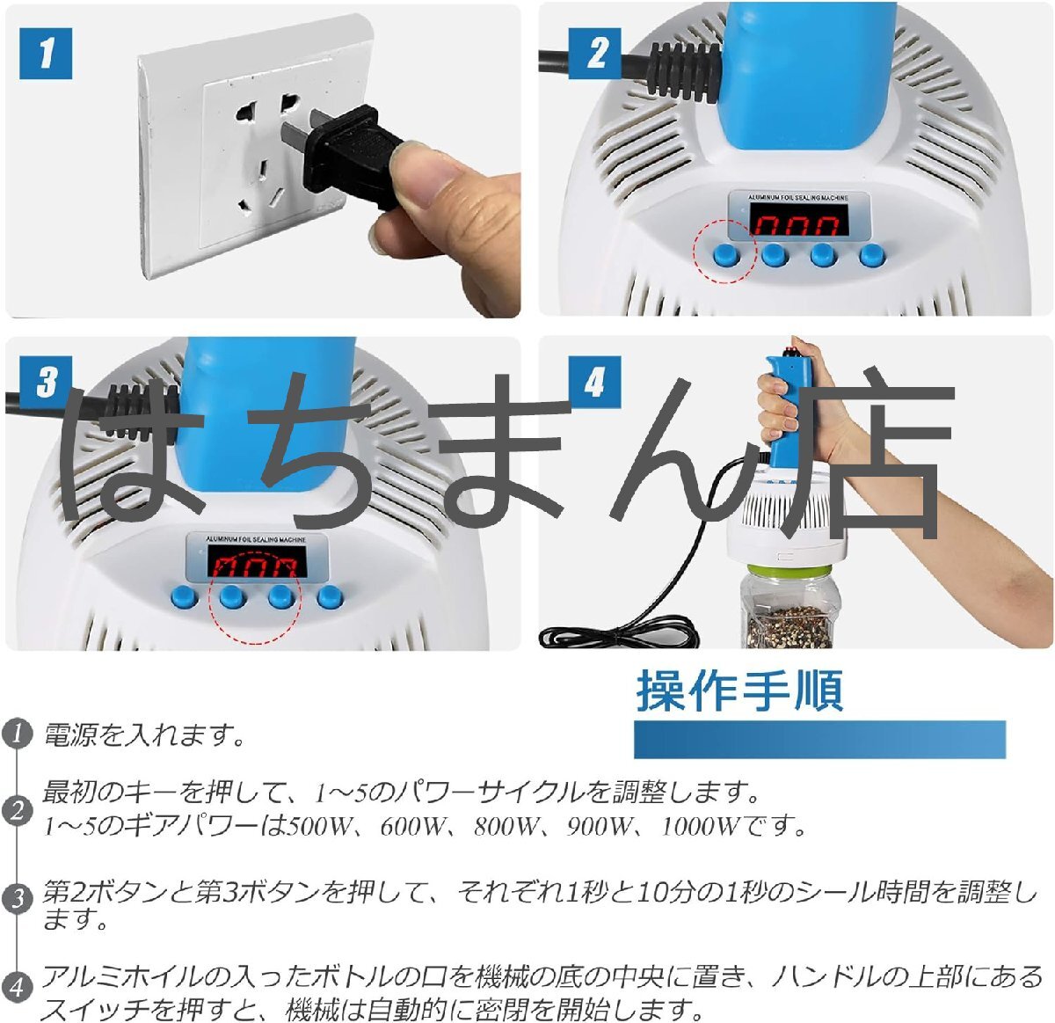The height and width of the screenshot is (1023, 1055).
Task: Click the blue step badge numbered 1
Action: (x=46, y=53)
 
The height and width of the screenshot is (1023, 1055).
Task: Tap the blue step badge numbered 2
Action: (x=594, y=53)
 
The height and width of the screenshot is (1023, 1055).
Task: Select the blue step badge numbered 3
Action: (x=46, y=382)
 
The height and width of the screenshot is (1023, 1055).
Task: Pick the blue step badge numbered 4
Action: (x=594, y=382)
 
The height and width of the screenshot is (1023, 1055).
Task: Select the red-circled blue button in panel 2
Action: (x=726, y=254)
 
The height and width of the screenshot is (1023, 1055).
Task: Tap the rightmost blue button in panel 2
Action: (x=872, y=255)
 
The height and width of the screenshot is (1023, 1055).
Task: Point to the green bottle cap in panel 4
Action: (x=789, y=572)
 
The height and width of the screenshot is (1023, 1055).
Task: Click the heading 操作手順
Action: (x=739, y=691)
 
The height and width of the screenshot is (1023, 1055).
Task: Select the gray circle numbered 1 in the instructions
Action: (x=17, y=734)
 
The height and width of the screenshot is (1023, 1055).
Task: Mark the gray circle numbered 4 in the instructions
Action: (x=17, y=987)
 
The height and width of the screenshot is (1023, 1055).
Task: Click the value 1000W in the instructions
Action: (x=699, y=827)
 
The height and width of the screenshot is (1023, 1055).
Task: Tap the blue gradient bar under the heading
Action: (x=819, y=739)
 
